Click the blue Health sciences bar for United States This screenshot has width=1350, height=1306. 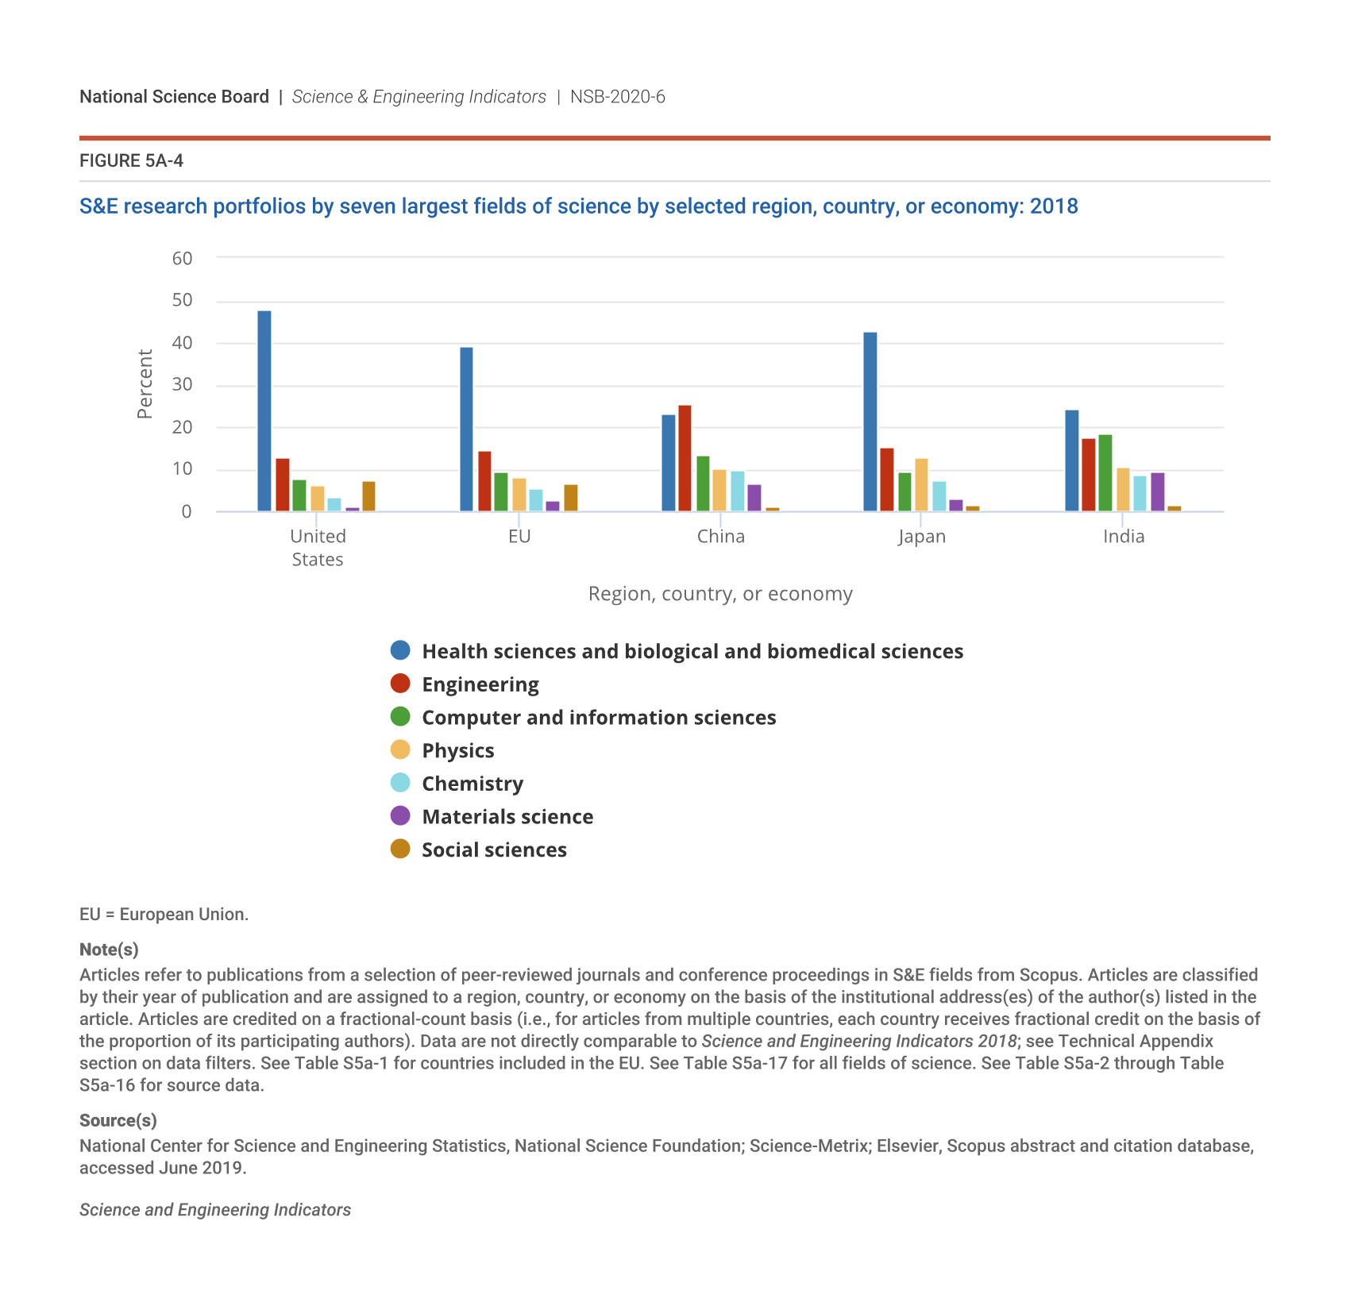tap(264, 411)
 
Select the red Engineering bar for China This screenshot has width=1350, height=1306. tap(685, 458)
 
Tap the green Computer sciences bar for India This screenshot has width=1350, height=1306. tap(1105, 473)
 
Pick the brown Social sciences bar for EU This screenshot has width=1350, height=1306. tap(570, 498)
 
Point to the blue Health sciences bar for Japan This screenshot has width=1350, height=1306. tap(870, 422)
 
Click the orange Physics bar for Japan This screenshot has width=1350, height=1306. tap(921, 485)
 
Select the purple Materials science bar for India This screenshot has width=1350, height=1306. tap(1157, 492)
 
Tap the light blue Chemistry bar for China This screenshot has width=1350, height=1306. tap(738, 491)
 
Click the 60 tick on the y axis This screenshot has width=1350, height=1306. tap(182, 258)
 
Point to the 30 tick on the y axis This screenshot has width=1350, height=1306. tap(182, 385)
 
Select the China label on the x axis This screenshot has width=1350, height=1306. tap(720, 537)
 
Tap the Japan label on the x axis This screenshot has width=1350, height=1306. tap(921, 537)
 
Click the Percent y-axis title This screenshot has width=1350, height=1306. tap(145, 383)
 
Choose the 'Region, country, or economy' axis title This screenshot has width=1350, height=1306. tap(720, 594)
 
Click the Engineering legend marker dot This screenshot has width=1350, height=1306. tap(400, 684)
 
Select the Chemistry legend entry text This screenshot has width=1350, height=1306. tap(472, 784)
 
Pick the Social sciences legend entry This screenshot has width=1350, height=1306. tap(494, 849)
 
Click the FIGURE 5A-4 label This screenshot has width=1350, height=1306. tap(131, 161)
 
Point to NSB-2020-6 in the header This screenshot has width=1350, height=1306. tap(617, 97)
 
